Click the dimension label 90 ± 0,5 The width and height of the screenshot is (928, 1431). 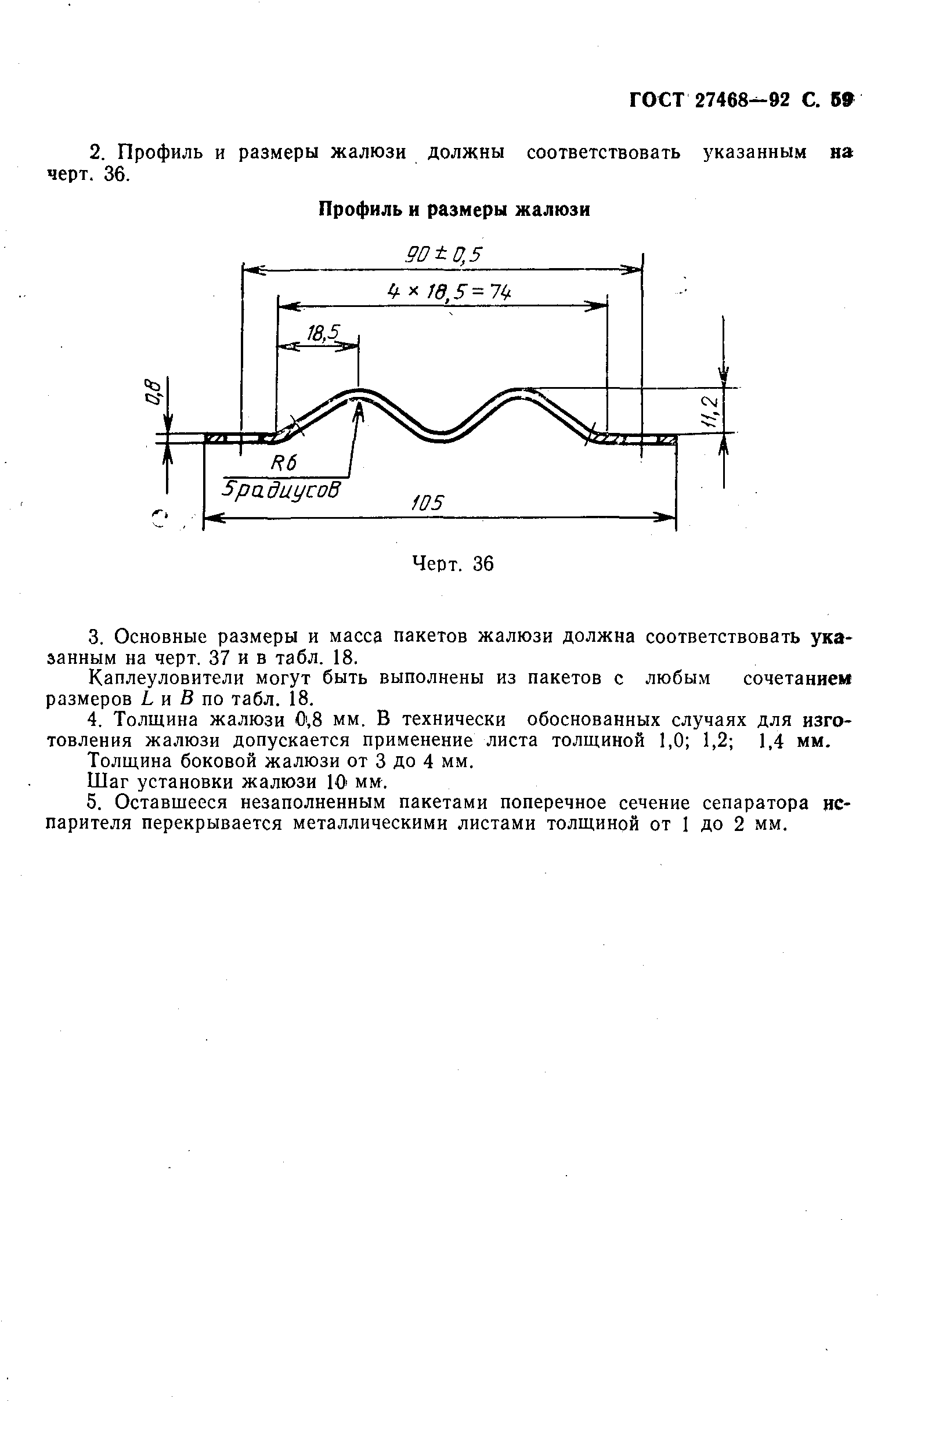[x=444, y=255]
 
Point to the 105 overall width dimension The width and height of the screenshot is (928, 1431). [x=427, y=503]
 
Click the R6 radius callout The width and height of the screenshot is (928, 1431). [x=284, y=462]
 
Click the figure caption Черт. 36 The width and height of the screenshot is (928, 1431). [x=452, y=563]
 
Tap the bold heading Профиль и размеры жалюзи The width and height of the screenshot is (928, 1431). [x=454, y=209]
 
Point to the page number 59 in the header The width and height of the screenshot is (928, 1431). [x=842, y=99]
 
